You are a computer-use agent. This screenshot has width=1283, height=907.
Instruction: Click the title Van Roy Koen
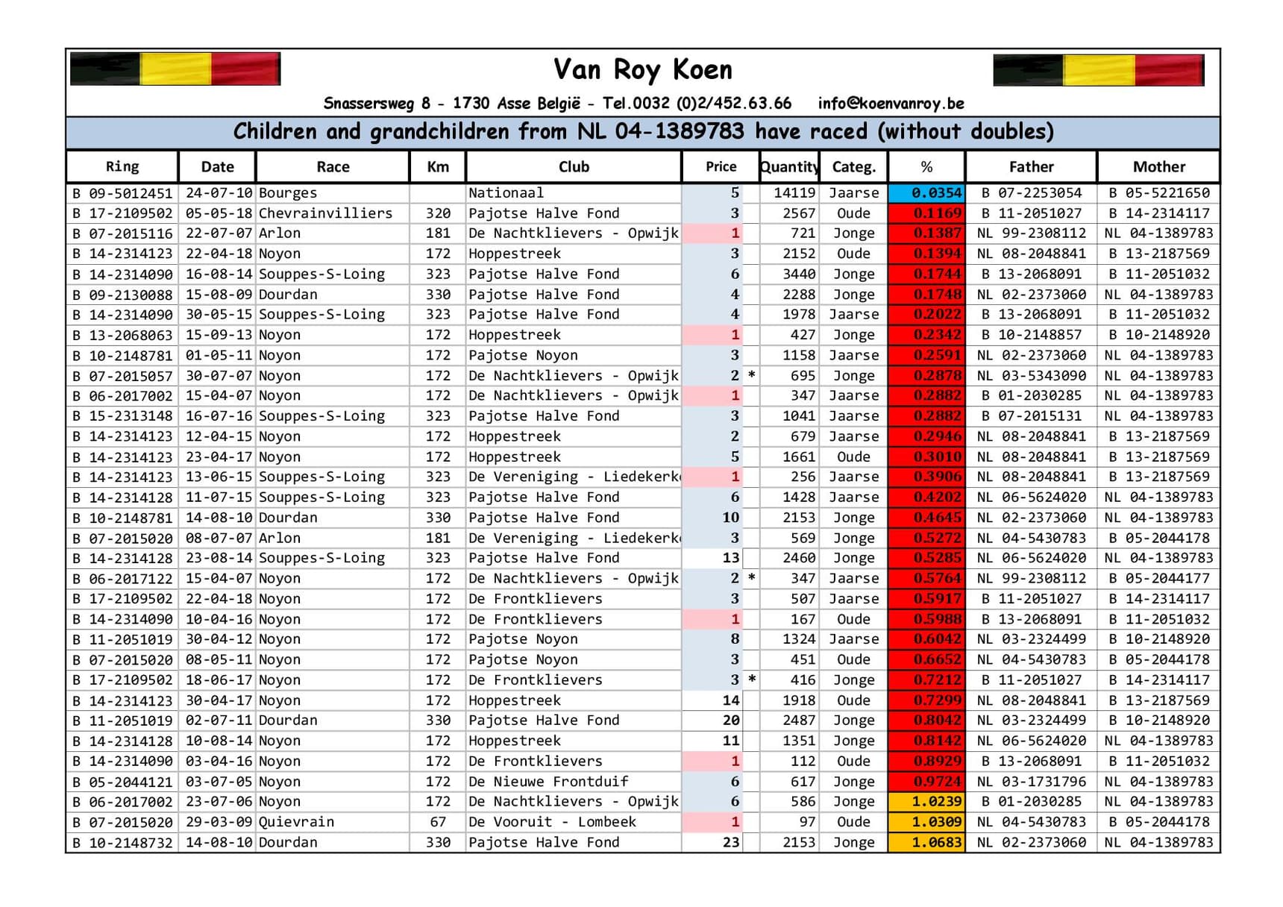click(642, 69)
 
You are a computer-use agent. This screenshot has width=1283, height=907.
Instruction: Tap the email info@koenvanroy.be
click(891, 103)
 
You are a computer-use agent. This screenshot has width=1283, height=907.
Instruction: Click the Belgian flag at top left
click(175, 69)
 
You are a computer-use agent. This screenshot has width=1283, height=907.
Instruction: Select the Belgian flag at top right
click(1098, 70)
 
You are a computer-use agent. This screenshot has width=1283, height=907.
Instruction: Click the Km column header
click(438, 166)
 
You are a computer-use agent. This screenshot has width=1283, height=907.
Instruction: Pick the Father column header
click(1031, 166)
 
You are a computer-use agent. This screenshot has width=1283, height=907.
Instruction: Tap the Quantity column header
click(788, 166)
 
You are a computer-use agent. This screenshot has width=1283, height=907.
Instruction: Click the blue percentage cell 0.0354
click(926, 193)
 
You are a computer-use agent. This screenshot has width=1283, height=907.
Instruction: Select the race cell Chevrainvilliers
click(325, 213)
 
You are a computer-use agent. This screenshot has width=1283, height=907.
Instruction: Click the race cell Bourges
click(288, 193)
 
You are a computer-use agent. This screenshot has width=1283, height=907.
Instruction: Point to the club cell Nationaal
click(506, 193)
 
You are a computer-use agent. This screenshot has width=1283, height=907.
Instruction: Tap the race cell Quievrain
click(296, 822)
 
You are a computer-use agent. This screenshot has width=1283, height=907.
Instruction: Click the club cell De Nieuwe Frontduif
click(548, 782)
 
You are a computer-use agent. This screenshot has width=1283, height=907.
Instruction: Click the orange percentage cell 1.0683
click(926, 842)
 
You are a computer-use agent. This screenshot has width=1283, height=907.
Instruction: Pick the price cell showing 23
click(730, 842)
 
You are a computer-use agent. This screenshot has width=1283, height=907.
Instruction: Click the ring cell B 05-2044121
click(122, 782)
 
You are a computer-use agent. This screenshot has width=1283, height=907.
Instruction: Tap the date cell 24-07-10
click(218, 193)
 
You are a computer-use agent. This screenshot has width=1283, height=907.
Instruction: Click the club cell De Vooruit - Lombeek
click(552, 822)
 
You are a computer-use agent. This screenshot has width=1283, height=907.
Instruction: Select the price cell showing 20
click(730, 721)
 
